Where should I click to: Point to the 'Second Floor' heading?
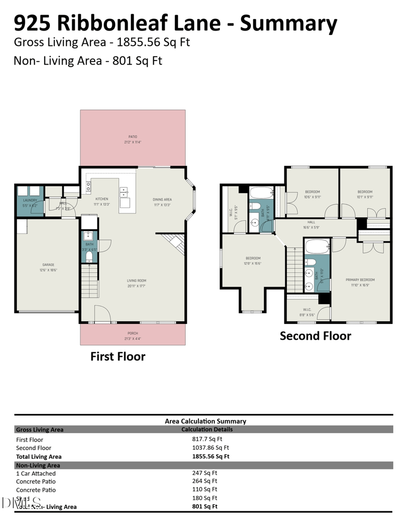(315, 336)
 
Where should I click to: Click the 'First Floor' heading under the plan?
(118, 356)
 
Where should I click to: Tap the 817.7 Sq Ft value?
(207, 439)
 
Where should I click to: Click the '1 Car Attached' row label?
(36, 474)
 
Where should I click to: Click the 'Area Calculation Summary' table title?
(206, 421)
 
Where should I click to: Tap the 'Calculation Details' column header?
(207, 430)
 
